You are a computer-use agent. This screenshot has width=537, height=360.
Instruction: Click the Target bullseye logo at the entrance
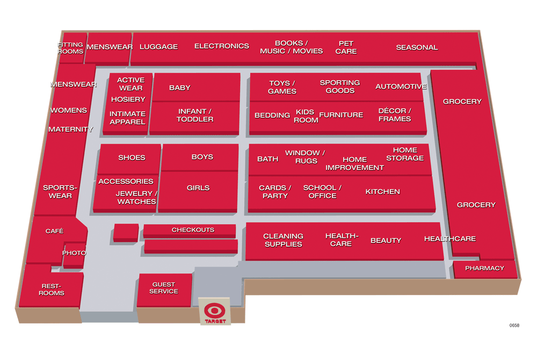tap(215, 310)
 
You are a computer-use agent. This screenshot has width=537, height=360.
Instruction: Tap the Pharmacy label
tap(484, 268)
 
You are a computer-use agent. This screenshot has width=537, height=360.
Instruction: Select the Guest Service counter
tap(164, 288)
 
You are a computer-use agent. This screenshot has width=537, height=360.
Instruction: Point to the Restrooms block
tap(52, 290)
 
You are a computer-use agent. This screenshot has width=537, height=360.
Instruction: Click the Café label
tap(54, 231)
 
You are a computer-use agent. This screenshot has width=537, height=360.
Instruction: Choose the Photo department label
tap(74, 253)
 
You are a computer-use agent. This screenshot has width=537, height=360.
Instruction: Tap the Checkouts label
tap(193, 230)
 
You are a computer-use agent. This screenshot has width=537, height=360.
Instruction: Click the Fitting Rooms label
tap(71, 48)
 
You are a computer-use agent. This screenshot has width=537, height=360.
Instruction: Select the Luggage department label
tap(158, 47)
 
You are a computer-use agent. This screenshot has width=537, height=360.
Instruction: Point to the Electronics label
tap(221, 46)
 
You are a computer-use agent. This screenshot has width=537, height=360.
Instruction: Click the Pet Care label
tap(346, 47)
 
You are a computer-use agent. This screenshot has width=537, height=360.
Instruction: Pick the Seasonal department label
tap(417, 47)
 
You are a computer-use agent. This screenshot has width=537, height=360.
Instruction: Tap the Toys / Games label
tap(282, 87)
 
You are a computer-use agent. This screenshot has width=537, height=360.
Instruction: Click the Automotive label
tap(401, 87)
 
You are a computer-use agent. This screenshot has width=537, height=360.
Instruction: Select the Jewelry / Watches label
tap(136, 197)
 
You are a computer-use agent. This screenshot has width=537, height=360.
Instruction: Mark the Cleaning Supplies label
tap(283, 240)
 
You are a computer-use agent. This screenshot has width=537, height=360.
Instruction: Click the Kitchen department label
tap(382, 192)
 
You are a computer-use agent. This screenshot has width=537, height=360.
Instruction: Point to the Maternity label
tap(70, 129)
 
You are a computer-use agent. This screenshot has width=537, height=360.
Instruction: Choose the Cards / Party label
tap(275, 192)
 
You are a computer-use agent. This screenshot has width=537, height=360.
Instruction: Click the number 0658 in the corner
tap(515, 325)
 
